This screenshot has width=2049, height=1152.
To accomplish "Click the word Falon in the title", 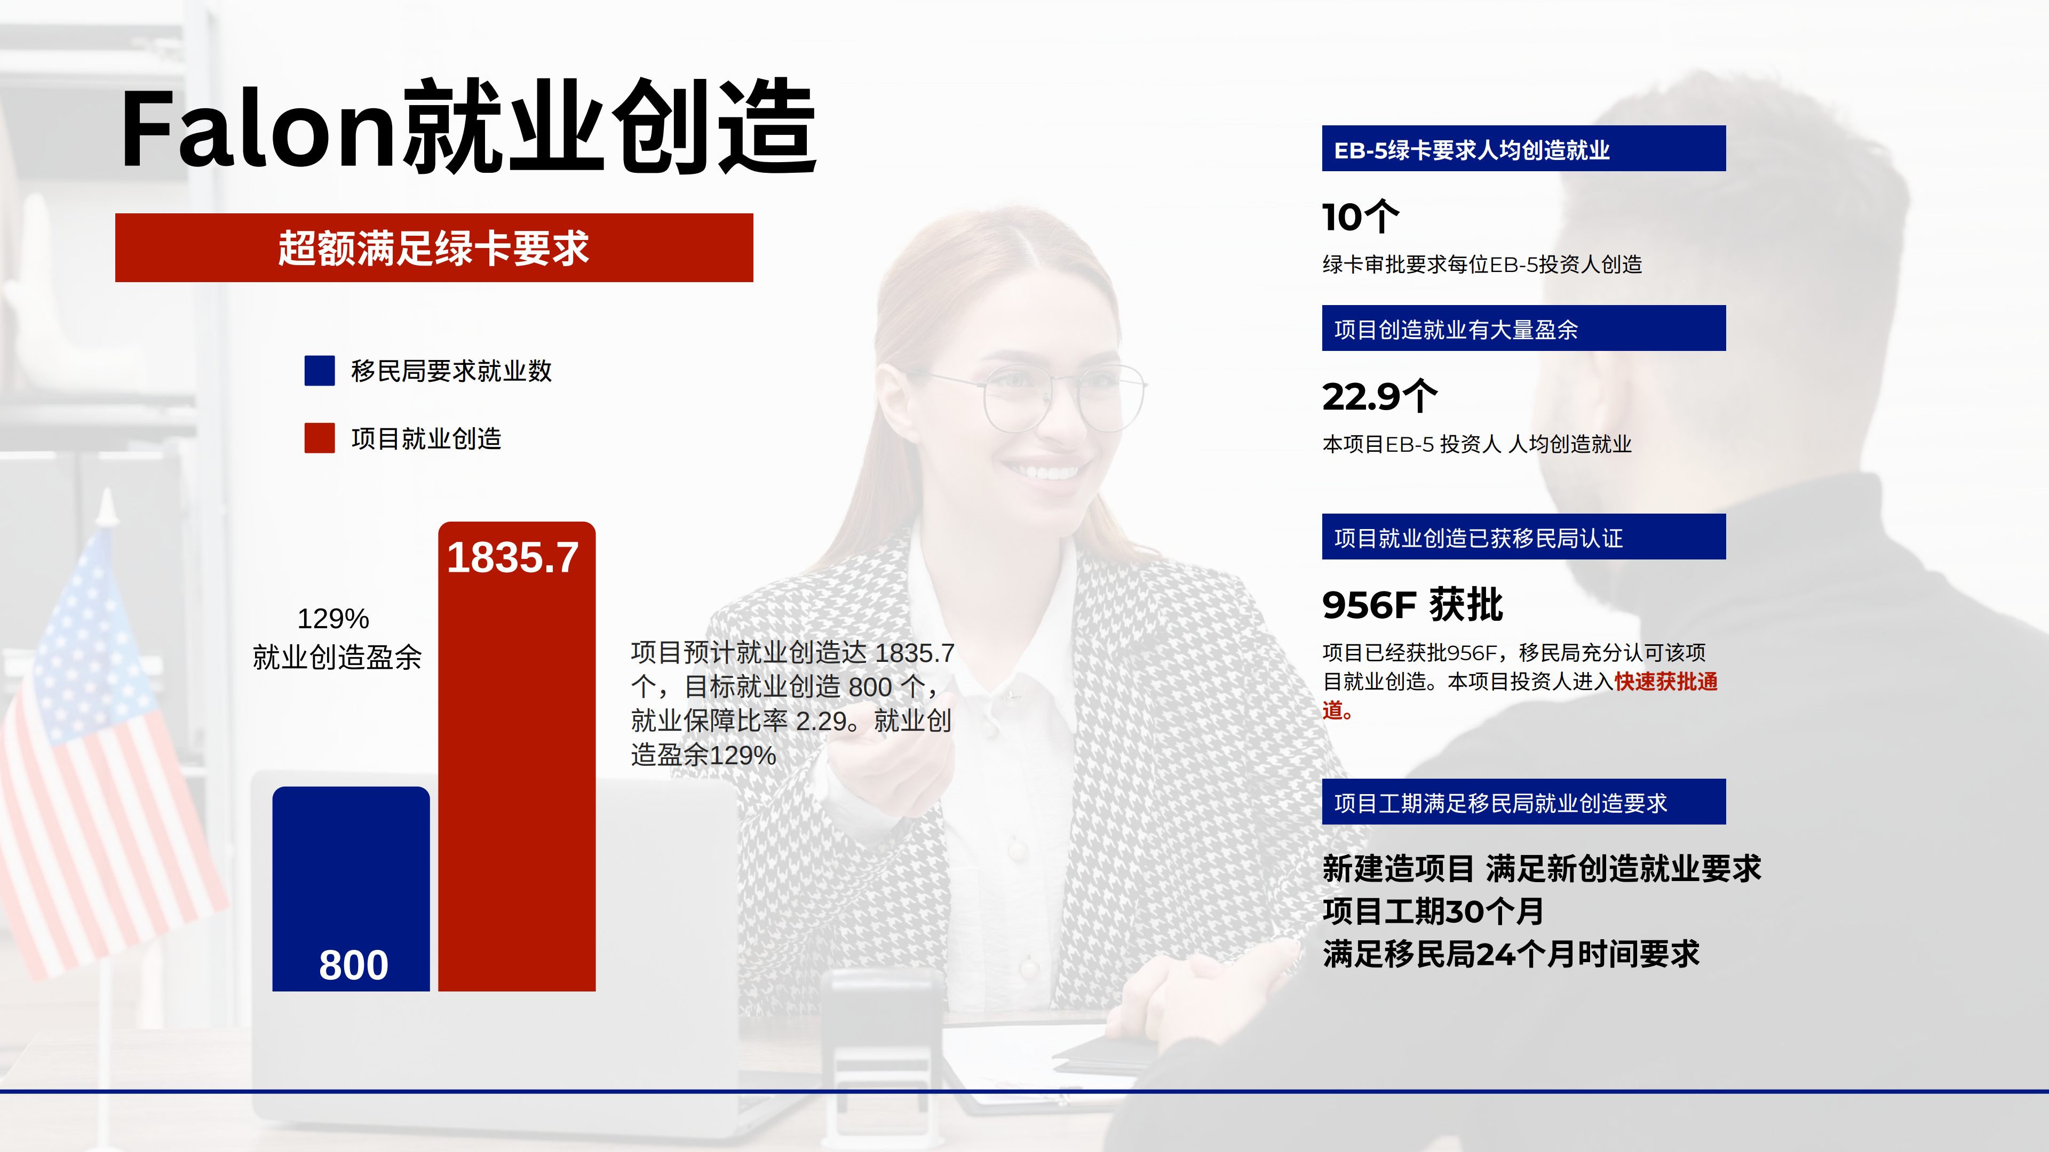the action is (258, 129).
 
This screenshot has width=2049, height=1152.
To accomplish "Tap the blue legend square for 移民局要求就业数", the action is (319, 371).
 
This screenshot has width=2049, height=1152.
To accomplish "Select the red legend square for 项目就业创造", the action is (319, 438).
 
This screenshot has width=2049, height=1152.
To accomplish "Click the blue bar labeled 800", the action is (351, 889).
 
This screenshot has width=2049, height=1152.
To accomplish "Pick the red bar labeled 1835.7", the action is (517, 756).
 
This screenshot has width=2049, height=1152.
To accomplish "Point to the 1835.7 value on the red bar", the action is (513, 557).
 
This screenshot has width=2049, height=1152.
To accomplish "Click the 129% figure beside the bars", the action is (333, 619).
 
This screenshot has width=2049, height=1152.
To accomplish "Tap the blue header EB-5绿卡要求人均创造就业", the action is (1523, 149).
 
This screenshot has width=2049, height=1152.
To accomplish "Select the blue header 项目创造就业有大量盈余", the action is (1523, 329).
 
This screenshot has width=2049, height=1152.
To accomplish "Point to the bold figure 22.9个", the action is (1380, 396).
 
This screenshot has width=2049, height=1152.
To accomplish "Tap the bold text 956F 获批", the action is (1412, 605).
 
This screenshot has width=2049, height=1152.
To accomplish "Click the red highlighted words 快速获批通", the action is (1665, 682).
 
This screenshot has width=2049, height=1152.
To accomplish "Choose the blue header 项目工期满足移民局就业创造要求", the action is (1523, 802).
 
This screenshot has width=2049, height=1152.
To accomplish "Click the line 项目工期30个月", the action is (1433, 911).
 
